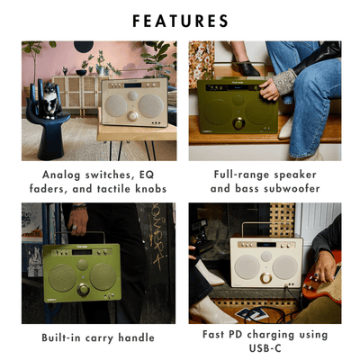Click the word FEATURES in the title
[180, 20]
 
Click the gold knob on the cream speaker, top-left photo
[131, 115]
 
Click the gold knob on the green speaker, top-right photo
[239, 121]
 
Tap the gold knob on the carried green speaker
[83, 290]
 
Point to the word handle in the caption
[134, 337]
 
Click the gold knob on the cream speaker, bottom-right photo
[265, 278]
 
